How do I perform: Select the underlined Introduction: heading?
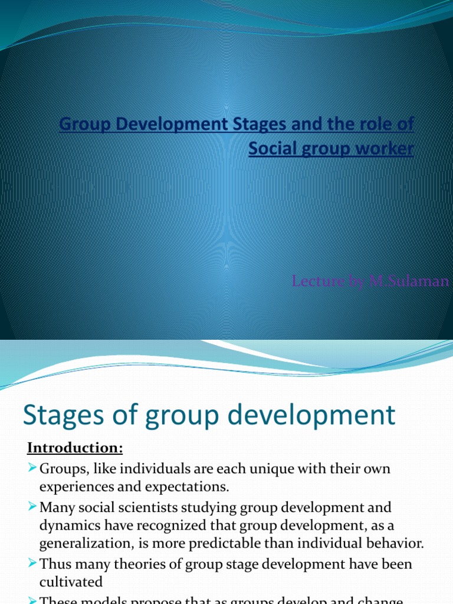click(x=75, y=448)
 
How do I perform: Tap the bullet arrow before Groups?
click(x=32, y=469)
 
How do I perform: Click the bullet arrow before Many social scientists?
click(x=32, y=507)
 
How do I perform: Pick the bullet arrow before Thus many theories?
click(x=32, y=564)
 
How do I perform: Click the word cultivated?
click(x=71, y=582)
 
